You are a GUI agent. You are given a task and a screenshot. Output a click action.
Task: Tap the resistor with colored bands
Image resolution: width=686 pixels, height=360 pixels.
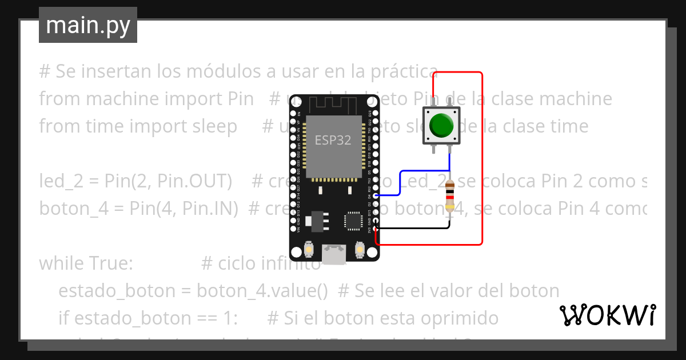pos(450,197)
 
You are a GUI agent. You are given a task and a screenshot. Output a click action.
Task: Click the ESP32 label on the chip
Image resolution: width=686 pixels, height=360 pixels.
pos(333,140)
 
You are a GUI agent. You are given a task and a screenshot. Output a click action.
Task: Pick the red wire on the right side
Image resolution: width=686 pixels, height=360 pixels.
pos(482,160)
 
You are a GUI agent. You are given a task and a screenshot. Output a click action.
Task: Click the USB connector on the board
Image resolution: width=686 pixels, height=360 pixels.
pos(334,254)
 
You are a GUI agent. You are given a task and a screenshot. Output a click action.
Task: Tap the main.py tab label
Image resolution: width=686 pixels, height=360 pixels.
pos(88,25)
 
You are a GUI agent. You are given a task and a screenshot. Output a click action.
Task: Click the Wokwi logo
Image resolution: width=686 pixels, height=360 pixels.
pos(607,315)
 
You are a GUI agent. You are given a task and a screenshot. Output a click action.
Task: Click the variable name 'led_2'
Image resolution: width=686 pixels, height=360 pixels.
pos(61,182)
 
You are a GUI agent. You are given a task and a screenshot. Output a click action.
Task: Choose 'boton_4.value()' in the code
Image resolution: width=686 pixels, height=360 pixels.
pos(262,291)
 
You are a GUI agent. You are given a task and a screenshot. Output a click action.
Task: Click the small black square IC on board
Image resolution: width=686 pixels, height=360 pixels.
pos(353,221)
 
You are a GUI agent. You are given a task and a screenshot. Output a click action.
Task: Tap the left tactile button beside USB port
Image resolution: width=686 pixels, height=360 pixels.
pos(309,250)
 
